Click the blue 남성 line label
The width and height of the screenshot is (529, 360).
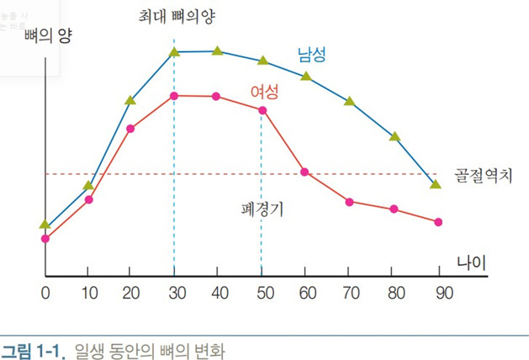click(311, 55)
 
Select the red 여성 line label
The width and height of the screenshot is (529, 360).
click(264, 91)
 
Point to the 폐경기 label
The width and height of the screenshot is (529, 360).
click(262, 209)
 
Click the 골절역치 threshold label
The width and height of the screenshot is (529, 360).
click(483, 175)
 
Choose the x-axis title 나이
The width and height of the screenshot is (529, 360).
click(472, 262)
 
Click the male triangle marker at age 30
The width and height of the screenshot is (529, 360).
click(174, 52)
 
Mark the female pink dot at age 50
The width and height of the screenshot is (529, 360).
click(262, 110)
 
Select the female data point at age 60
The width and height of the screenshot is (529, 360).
click(305, 172)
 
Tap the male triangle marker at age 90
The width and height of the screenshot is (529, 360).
click(435, 183)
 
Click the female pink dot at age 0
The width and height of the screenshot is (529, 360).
click(45, 239)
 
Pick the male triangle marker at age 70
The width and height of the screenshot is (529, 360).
click(350, 101)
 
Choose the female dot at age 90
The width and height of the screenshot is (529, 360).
click(438, 222)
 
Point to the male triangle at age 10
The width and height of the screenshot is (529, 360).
click(88, 185)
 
